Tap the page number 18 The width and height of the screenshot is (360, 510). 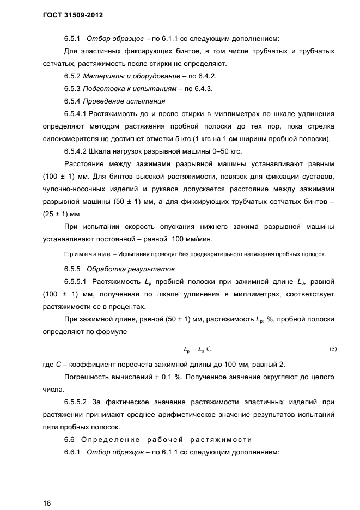coord(47,502)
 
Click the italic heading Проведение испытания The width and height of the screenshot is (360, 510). coord(125,101)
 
